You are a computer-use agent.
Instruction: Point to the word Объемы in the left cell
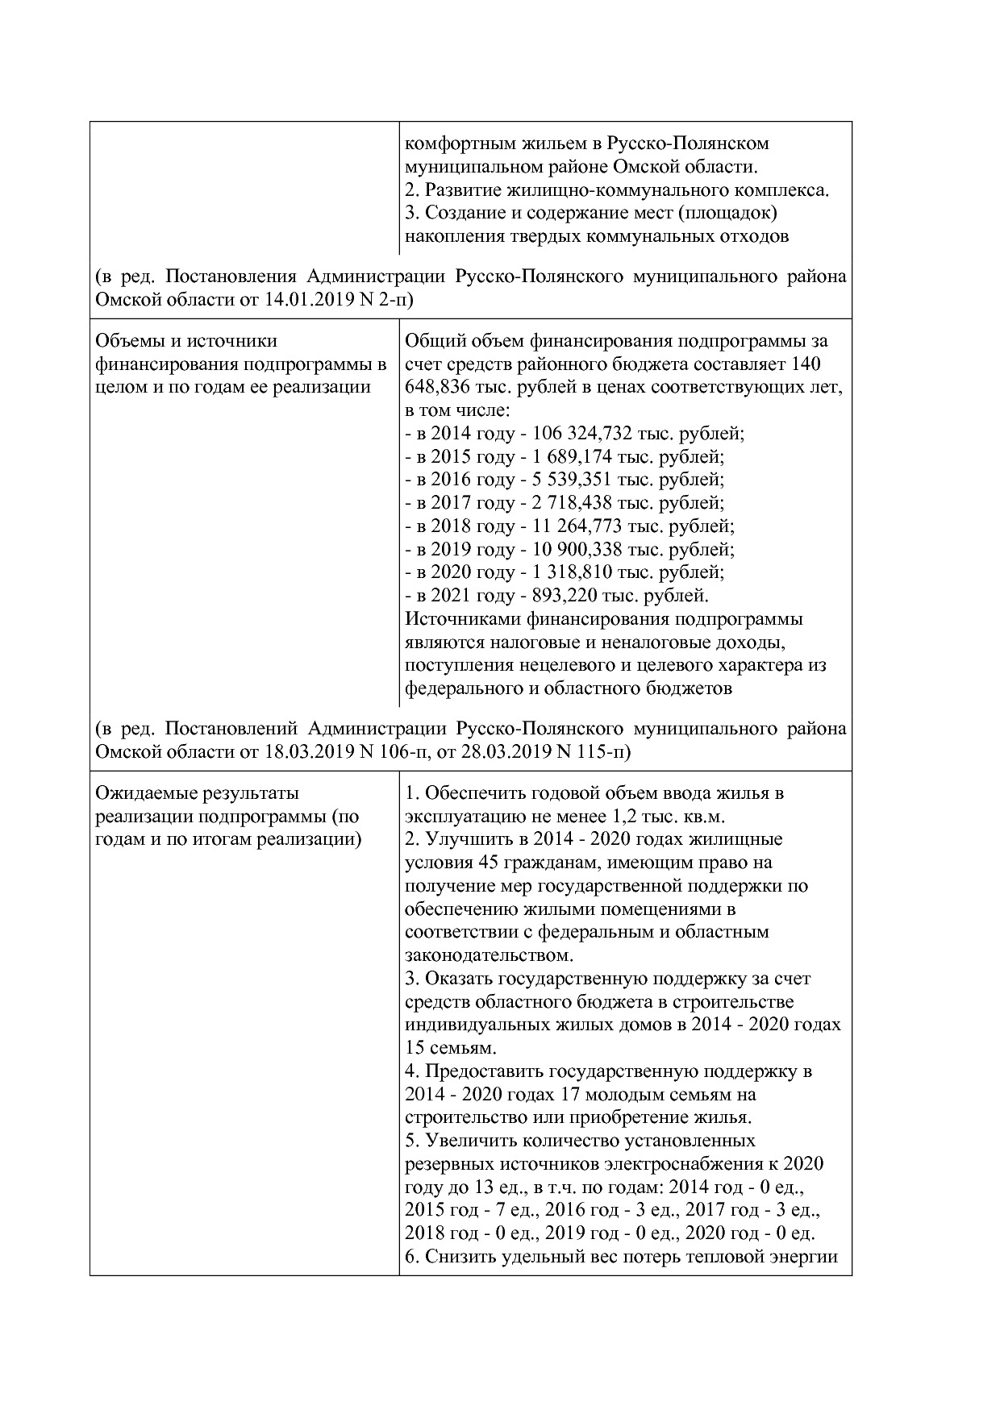(130, 341)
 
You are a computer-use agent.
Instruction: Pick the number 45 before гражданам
(489, 863)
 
